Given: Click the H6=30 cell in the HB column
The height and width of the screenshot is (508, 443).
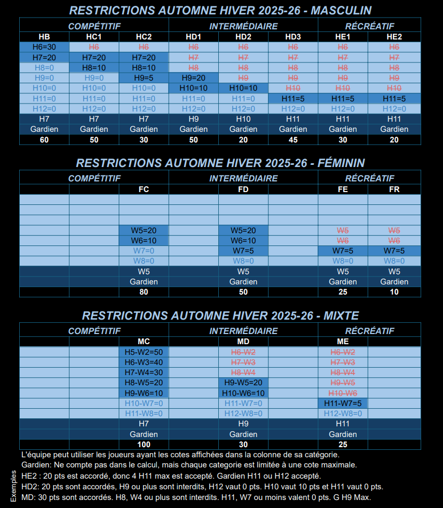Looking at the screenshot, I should [44, 47].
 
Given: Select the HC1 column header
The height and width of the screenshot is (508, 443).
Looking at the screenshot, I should [94, 37].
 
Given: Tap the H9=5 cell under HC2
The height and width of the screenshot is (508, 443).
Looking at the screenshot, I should [144, 78].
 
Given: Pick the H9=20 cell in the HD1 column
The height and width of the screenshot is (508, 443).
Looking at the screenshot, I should [193, 78].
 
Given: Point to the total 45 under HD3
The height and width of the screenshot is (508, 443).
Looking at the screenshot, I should [293, 140].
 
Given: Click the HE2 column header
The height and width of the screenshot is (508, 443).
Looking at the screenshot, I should [394, 37].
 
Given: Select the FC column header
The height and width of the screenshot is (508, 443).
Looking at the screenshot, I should [144, 189].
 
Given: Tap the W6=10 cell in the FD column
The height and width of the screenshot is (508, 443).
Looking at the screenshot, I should [243, 241].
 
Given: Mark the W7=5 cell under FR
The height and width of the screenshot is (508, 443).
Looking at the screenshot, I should [394, 251].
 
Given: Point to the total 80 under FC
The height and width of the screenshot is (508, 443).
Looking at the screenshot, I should [144, 292].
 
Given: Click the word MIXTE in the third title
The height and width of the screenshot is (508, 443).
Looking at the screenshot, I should [341, 315].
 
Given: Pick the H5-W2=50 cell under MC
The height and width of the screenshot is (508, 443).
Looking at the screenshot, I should [144, 352].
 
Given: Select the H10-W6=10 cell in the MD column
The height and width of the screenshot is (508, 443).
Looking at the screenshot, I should [243, 393].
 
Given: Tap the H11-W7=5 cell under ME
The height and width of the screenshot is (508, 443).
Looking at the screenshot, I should [343, 403].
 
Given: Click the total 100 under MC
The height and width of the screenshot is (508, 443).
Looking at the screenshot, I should [144, 444].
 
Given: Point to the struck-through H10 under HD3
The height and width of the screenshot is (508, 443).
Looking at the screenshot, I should [293, 88].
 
